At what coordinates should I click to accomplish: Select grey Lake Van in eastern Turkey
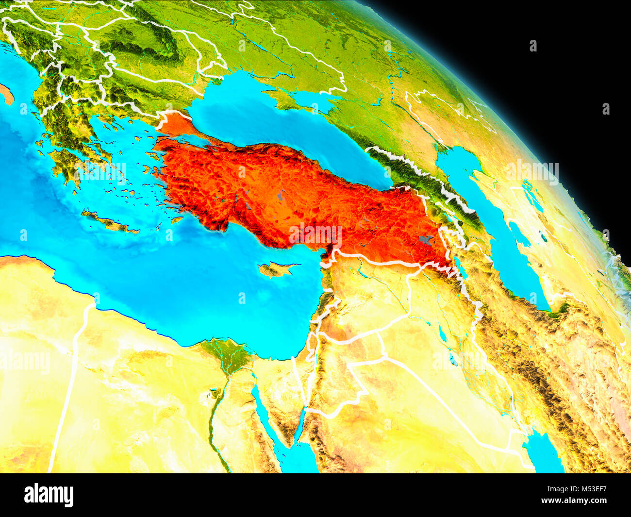426,240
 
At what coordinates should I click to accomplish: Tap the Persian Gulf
544,451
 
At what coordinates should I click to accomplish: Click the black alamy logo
49,495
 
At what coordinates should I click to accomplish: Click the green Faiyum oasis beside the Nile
212,393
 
